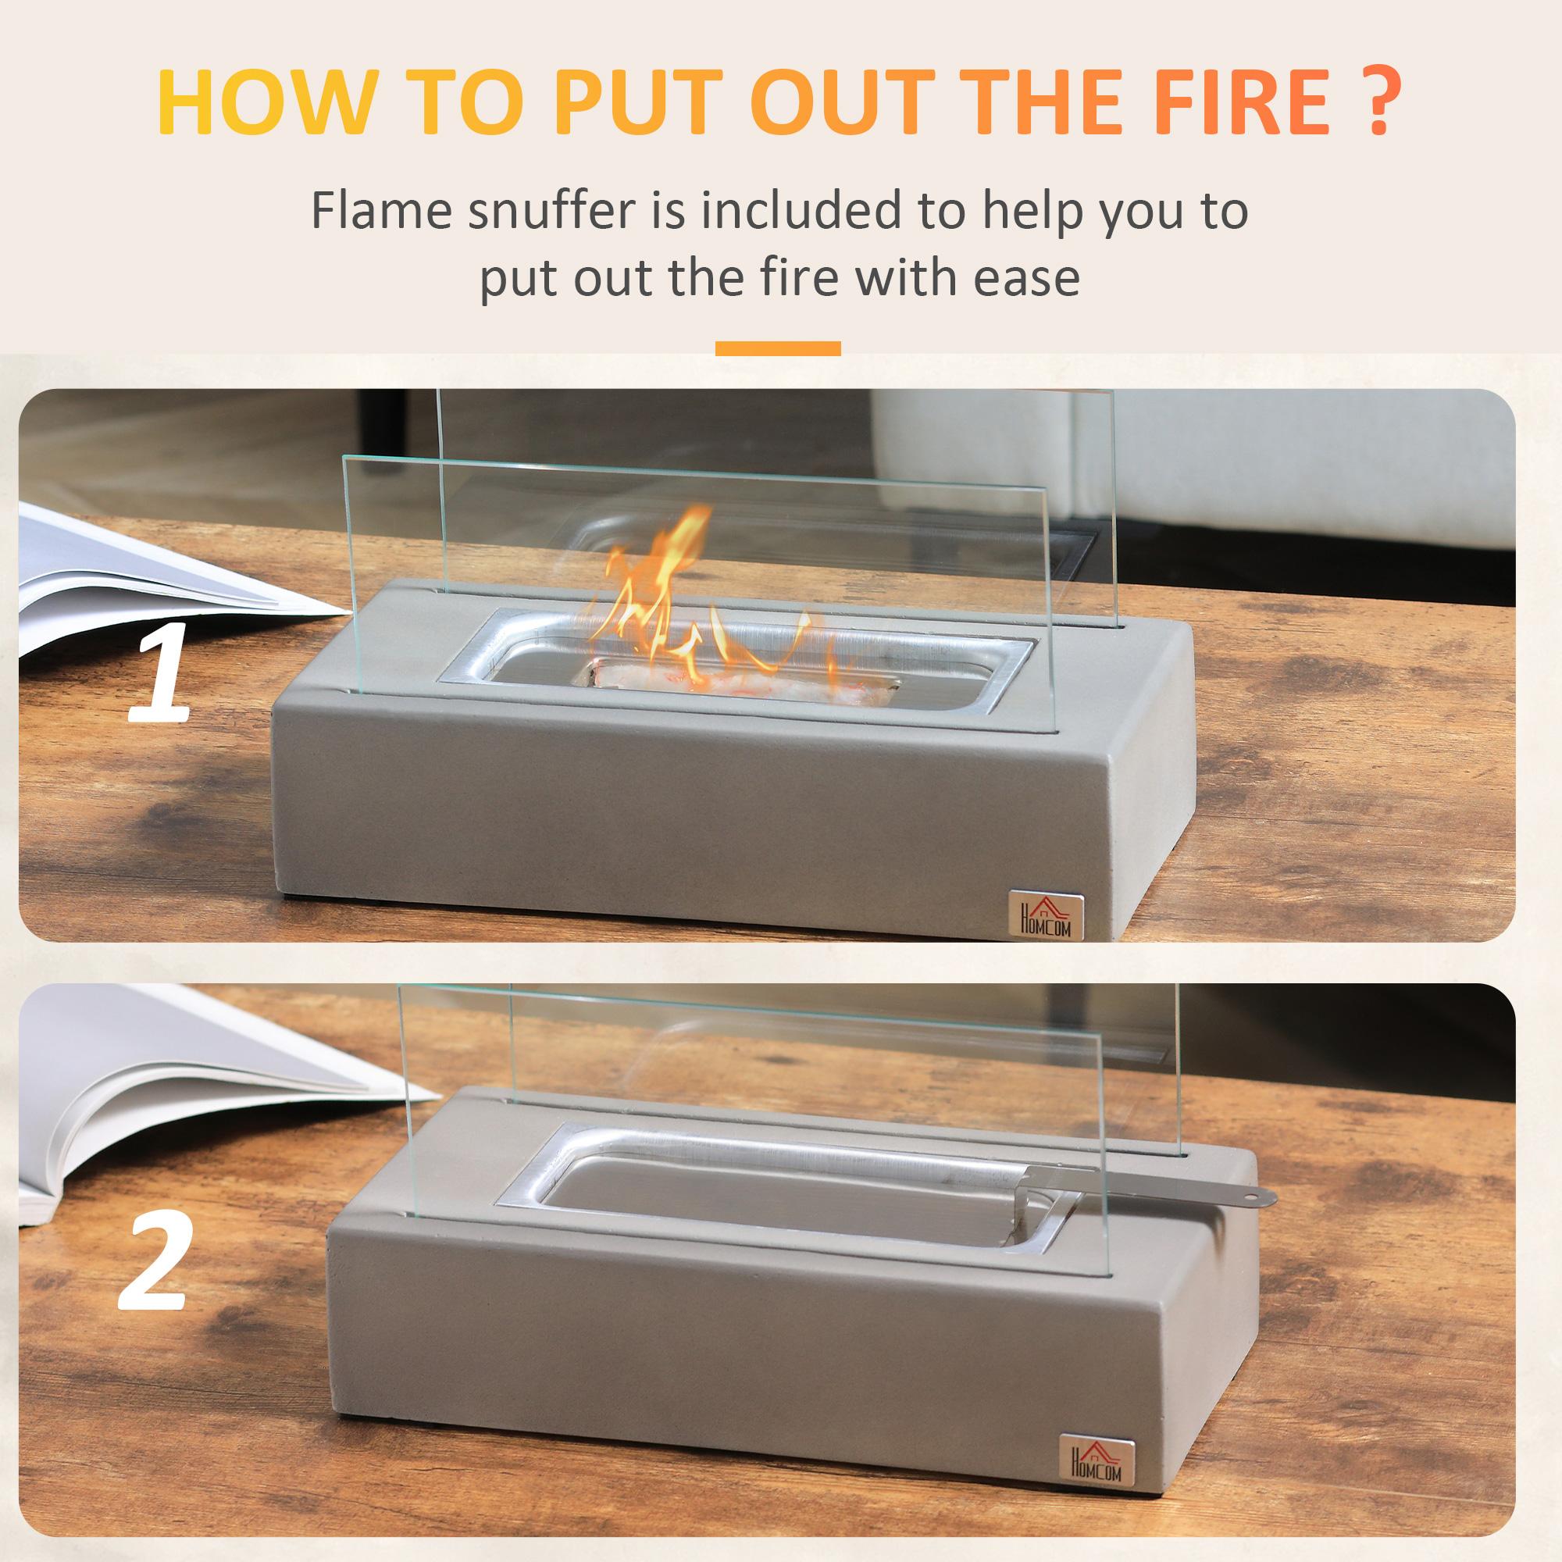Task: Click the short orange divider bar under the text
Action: coord(778,348)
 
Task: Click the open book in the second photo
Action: coord(162,1100)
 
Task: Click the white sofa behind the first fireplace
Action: coord(1293,469)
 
